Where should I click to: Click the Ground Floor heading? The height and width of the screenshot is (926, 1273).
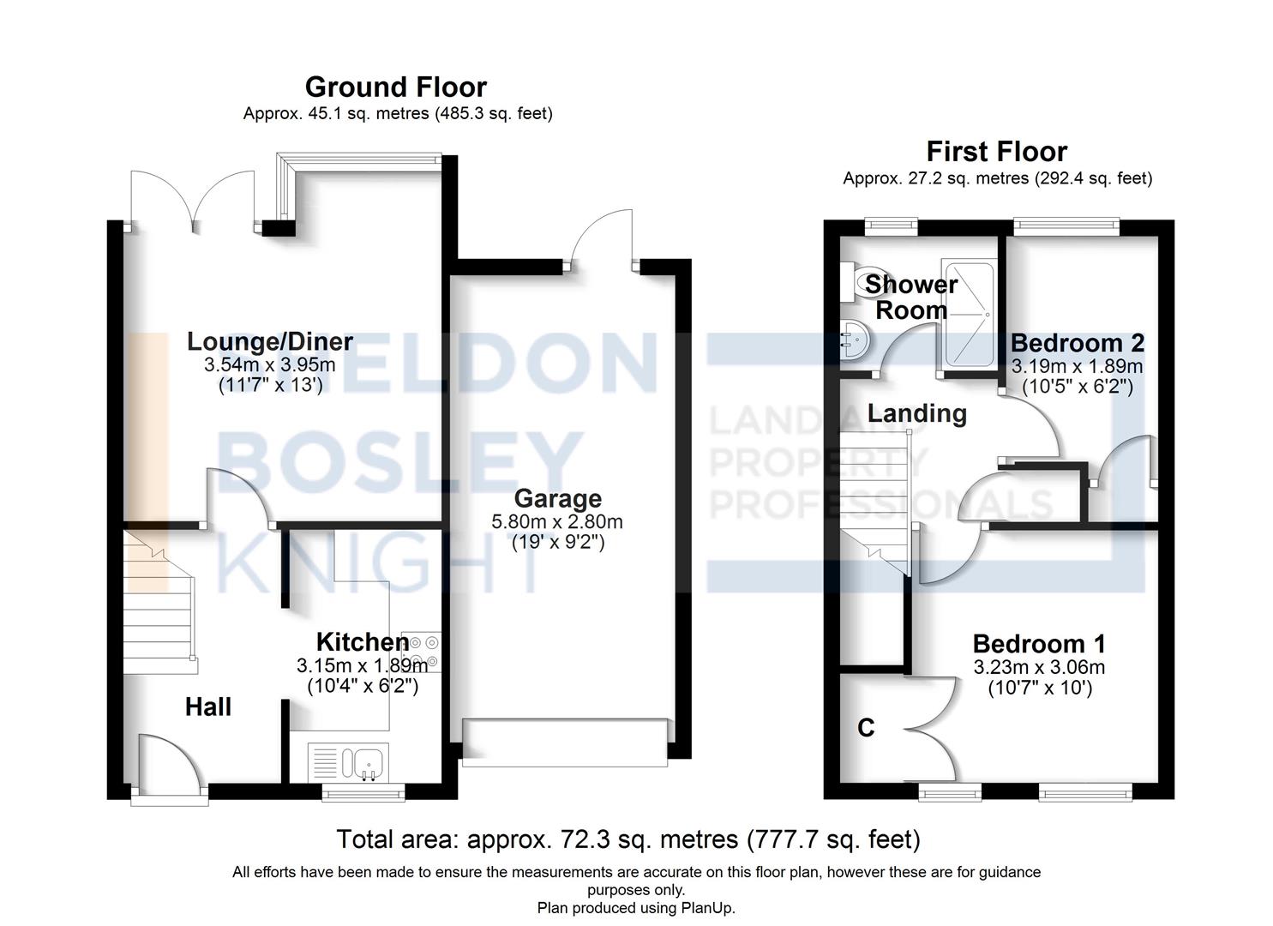(x=395, y=87)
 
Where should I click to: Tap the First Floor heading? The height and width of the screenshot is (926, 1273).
(x=996, y=152)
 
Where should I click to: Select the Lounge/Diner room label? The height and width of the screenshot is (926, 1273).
(x=270, y=341)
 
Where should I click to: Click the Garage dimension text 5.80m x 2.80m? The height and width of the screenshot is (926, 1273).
(x=557, y=521)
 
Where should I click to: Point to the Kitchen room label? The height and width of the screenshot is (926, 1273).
(x=362, y=641)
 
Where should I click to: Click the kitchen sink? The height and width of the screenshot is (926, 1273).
(x=367, y=761)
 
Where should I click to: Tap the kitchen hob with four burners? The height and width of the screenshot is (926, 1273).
(x=421, y=652)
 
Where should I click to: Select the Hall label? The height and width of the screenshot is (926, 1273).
(x=208, y=707)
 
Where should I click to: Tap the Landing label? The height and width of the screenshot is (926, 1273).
(x=916, y=413)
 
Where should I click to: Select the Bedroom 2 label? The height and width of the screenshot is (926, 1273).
(x=1077, y=343)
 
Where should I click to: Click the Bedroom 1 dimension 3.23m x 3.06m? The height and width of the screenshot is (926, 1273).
(x=1039, y=667)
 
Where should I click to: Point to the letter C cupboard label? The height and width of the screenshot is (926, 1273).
(x=866, y=728)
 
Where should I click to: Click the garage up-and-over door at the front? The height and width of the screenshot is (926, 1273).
(x=564, y=742)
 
